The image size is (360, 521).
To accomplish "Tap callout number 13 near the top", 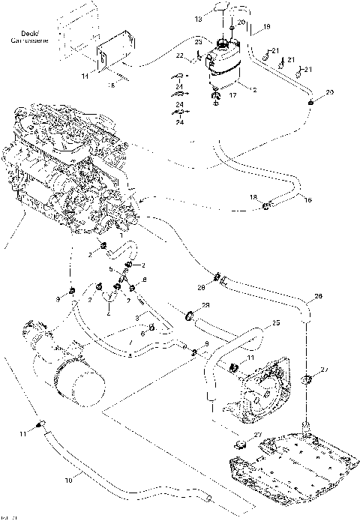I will (x=199, y=17).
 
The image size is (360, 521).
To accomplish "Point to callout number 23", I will (x=199, y=40).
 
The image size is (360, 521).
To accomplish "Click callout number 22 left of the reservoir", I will (x=180, y=56).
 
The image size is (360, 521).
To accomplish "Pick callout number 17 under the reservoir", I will (x=232, y=95).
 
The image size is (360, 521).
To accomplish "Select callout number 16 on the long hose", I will (x=286, y=201).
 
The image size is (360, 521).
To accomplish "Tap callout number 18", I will (x=253, y=196).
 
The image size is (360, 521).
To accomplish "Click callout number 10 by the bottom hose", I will (x=70, y=479).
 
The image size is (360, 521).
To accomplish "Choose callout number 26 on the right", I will (x=318, y=298).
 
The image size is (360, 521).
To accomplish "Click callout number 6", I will (x=142, y=333).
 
